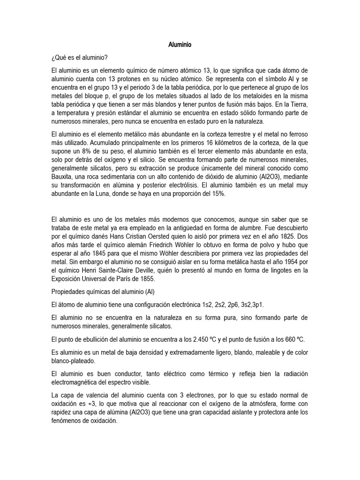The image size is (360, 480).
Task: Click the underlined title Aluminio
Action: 180,45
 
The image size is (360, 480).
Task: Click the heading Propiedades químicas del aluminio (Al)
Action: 103,291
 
